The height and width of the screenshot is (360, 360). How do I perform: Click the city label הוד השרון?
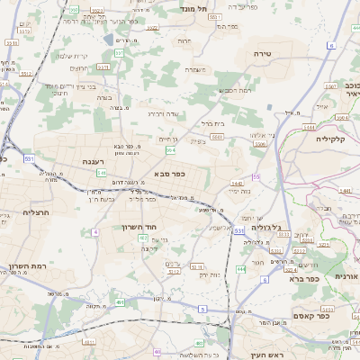coord(139,227)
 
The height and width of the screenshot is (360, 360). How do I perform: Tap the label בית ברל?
coord(212,123)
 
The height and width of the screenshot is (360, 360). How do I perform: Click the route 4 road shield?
coord(94,231)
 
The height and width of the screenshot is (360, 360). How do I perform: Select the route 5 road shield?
coord(202,309)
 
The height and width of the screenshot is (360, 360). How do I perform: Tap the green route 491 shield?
coord(120,302)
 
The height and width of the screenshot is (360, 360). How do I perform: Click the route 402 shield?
coord(157,352)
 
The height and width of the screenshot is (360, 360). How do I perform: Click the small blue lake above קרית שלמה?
coord(109,40)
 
